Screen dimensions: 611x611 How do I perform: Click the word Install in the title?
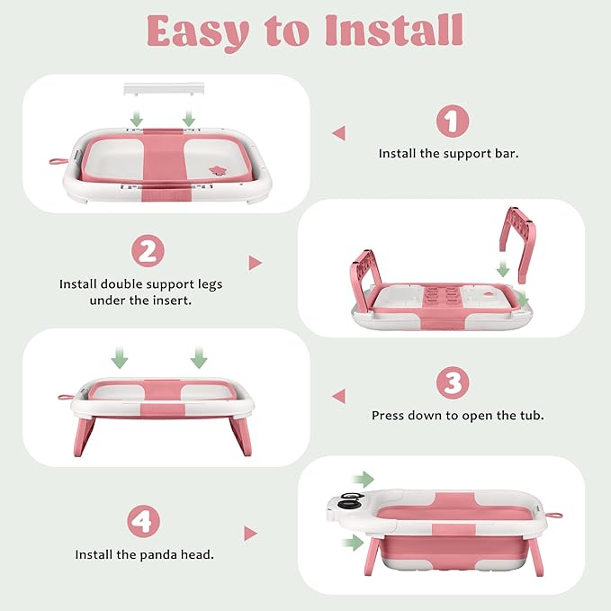pyautogui.click(x=394, y=31)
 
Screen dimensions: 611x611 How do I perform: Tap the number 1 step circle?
pyautogui.click(x=453, y=121)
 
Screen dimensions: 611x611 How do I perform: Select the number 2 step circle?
pyautogui.click(x=148, y=250)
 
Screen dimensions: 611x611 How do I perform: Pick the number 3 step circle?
pyautogui.click(x=453, y=382)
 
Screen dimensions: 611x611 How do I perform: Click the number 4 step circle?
pyautogui.click(x=143, y=521)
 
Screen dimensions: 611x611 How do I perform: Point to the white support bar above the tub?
pyautogui.click(x=164, y=88)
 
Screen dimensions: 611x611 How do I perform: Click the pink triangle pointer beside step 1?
pyautogui.click(x=339, y=133)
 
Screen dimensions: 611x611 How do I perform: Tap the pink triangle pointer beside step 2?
pyautogui.click(x=256, y=263)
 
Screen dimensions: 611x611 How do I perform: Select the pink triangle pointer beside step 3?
pyautogui.click(x=339, y=396)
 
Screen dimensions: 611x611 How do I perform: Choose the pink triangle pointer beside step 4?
pyautogui.click(x=250, y=534)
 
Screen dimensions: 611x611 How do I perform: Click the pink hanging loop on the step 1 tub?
pyautogui.click(x=58, y=161)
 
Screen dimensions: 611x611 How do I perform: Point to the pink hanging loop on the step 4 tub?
pyautogui.click(x=554, y=515)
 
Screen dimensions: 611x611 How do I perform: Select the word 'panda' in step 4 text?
pyautogui.click(x=159, y=554)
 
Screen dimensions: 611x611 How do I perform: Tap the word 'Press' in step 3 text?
pyautogui.click(x=386, y=416)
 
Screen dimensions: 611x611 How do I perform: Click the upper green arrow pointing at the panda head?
pyautogui.click(x=363, y=480)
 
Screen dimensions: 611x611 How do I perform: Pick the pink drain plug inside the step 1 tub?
pyautogui.click(x=217, y=170)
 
